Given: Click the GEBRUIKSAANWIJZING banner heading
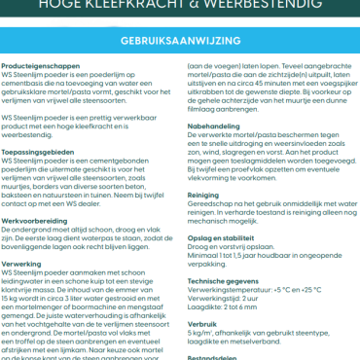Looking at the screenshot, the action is (180, 45).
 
